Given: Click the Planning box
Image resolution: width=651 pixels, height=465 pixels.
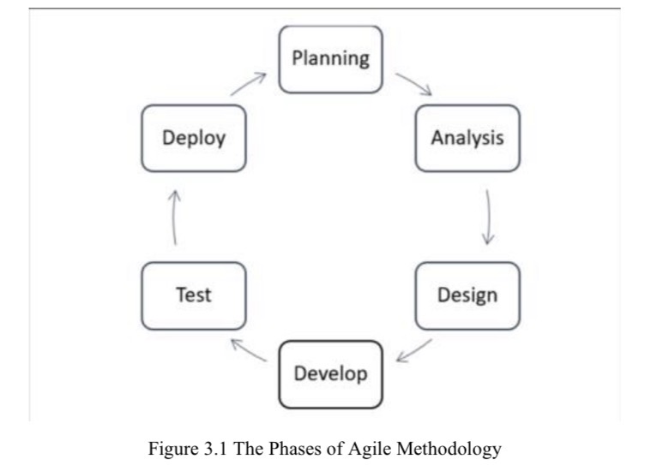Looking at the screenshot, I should [x=331, y=59].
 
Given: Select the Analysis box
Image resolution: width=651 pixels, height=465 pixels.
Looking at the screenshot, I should [x=467, y=138].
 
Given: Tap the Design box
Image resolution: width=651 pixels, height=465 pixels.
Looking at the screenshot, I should [x=467, y=295].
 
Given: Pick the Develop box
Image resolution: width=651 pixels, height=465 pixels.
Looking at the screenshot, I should [x=331, y=374].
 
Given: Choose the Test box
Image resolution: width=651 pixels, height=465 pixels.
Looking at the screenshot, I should [x=194, y=295].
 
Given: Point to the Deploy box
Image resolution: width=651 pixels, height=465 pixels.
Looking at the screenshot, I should [x=194, y=138].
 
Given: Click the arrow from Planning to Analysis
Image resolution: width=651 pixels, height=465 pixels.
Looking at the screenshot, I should [x=414, y=83].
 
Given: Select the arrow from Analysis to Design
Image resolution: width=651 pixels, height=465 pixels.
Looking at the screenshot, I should [x=488, y=217].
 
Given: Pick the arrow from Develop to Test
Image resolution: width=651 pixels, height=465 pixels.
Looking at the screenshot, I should [x=249, y=349].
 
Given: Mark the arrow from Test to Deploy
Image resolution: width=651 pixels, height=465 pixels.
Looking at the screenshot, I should [x=175, y=218].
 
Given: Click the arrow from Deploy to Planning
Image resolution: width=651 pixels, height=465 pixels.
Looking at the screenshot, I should [x=250, y=83].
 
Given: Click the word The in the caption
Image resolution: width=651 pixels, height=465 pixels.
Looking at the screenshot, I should [x=238, y=447].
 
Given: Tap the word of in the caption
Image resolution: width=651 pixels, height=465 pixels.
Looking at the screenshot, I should [x=315, y=447].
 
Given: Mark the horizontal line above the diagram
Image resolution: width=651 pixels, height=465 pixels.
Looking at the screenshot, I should [x=326, y=9].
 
